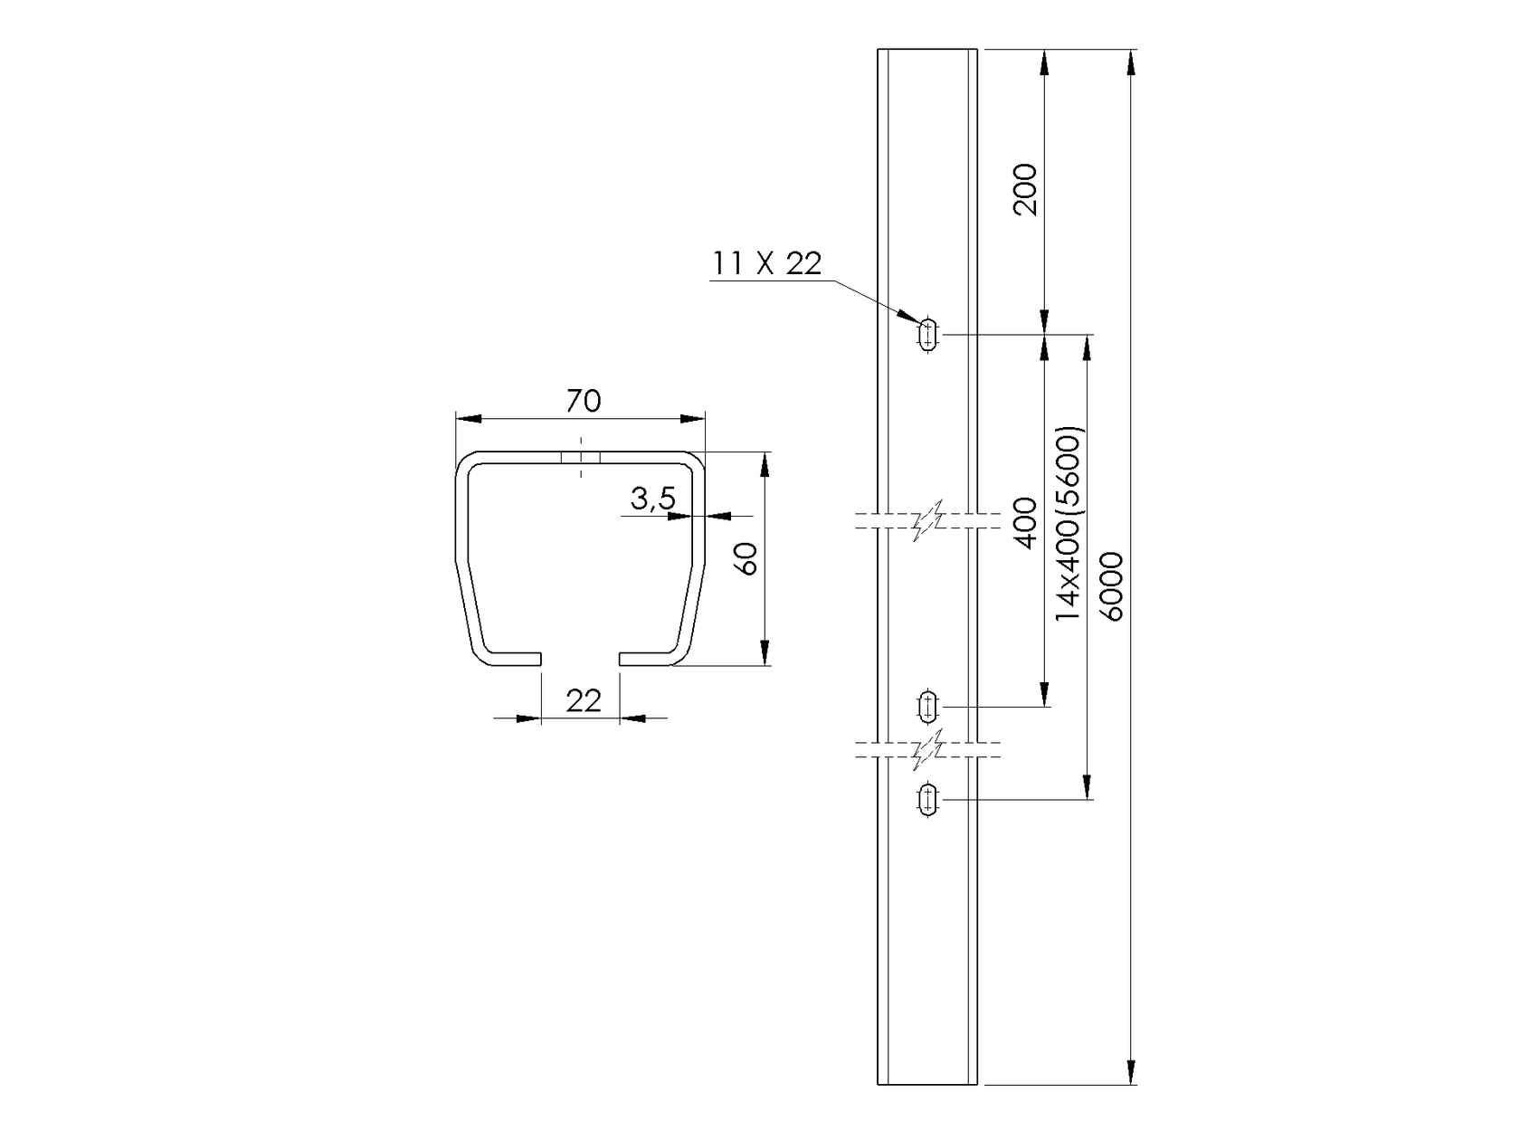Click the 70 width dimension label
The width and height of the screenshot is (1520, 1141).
(x=583, y=401)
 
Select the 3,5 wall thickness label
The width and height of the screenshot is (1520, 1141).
(x=652, y=499)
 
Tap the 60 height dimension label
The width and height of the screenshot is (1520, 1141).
(x=746, y=560)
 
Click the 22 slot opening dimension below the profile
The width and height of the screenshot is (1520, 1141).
(x=583, y=700)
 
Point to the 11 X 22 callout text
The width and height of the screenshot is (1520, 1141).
(x=766, y=263)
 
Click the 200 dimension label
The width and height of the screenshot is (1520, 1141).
(x=1025, y=189)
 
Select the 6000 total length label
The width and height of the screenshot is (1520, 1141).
(x=1112, y=585)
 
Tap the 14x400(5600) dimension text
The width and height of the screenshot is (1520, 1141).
(x=1069, y=522)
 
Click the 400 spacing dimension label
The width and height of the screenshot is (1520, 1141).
(x=1025, y=522)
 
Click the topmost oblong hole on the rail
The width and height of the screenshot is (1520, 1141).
(x=927, y=335)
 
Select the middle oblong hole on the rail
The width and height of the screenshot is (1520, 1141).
(x=927, y=706)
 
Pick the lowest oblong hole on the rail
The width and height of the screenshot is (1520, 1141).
(x=927, y=800)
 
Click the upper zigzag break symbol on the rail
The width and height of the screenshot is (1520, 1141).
(x=928, y=520)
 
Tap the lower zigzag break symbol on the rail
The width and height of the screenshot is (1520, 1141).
(x=928, y=748)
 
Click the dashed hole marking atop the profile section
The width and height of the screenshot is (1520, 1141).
(x=581, y=458)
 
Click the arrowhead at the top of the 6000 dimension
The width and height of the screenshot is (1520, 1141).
(x=1131, y=63)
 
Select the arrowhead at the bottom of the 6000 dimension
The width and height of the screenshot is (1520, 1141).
(x=1131, y=1069)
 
